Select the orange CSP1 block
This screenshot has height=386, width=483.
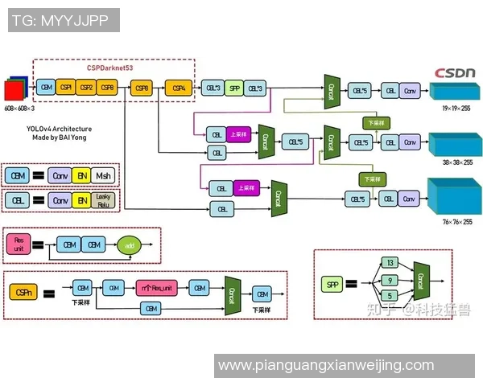[x=66, y=87]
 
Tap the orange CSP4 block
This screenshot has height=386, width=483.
[x=179, y=87]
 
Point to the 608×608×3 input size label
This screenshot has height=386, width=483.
[x=19, y=107]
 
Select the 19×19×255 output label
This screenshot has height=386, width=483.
[x=456, y=107]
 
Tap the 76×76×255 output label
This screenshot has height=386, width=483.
[x=456, y=221]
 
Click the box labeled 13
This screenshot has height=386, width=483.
[x=390, y=263]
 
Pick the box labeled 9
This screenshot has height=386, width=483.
[x=390, y=280]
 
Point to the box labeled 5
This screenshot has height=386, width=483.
[x=390, y=296]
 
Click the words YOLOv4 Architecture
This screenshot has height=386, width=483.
[x=59, y=129]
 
